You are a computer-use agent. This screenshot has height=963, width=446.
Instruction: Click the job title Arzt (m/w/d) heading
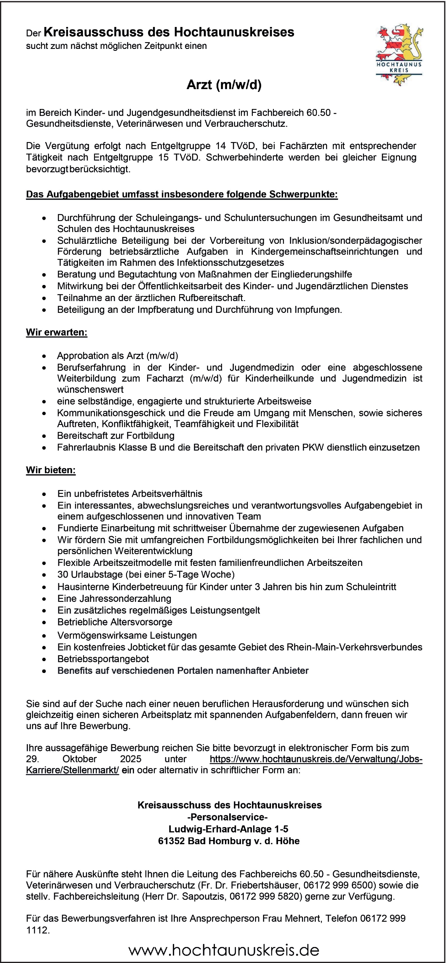tap(224, 85)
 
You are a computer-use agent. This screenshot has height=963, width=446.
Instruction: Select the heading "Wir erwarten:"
tap(56, 332)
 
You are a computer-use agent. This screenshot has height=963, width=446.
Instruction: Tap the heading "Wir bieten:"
tap(51, 470)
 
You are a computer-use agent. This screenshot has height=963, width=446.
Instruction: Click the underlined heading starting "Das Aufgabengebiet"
tap(182, 194)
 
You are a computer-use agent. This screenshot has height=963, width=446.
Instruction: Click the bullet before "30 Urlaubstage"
tap(44, 575)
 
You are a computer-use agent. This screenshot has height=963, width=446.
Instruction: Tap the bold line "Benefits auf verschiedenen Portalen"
tap(183, 671)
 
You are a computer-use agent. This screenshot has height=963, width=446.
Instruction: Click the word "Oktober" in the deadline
tap(80, 759)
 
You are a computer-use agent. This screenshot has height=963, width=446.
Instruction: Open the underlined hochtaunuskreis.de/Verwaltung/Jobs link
tap(316, 759)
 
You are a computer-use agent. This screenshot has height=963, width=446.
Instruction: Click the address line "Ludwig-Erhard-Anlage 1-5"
tap(228, 829)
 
